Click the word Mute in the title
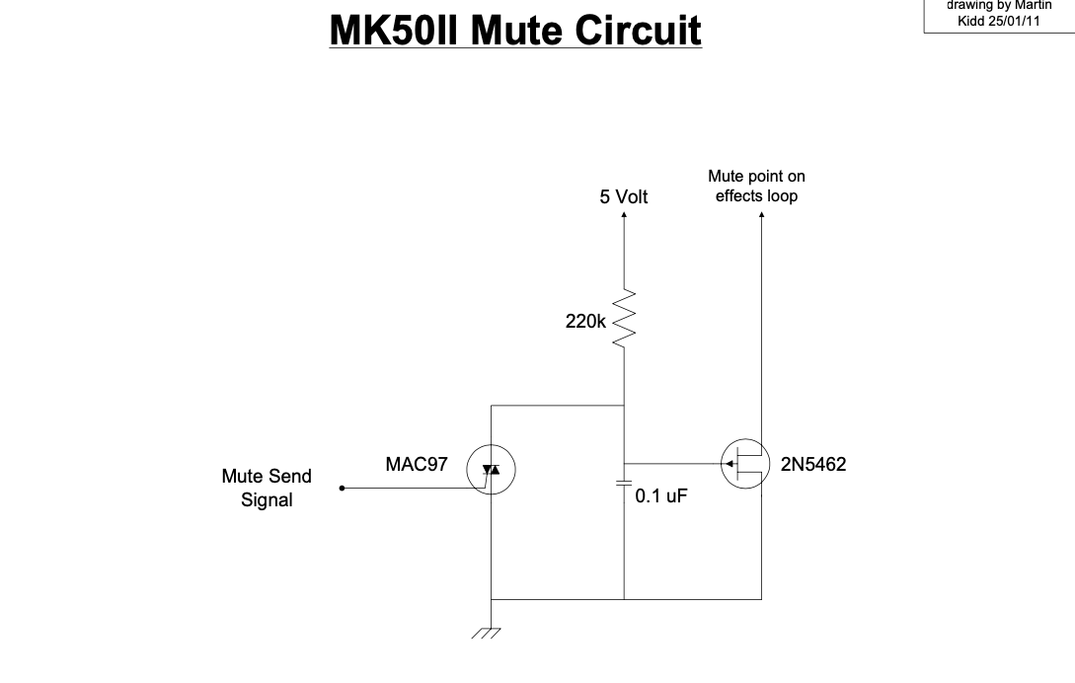click(x=512, y=30)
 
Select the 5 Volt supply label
click(x=624, y=196)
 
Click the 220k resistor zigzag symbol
click(x=624, y=319)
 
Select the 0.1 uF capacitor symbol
click(x=624, y=483)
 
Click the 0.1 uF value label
click(x=660, y=495)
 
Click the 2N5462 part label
click(x=813, y=464)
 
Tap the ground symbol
click(x=487, y=634)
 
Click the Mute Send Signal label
click(x=267, y=488)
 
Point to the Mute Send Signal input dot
click(x=342, y=488)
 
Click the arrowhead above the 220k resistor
click(x=624, y=213)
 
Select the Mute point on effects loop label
click(x=756, y=186)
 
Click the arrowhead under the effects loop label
click(x=761, y=212)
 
